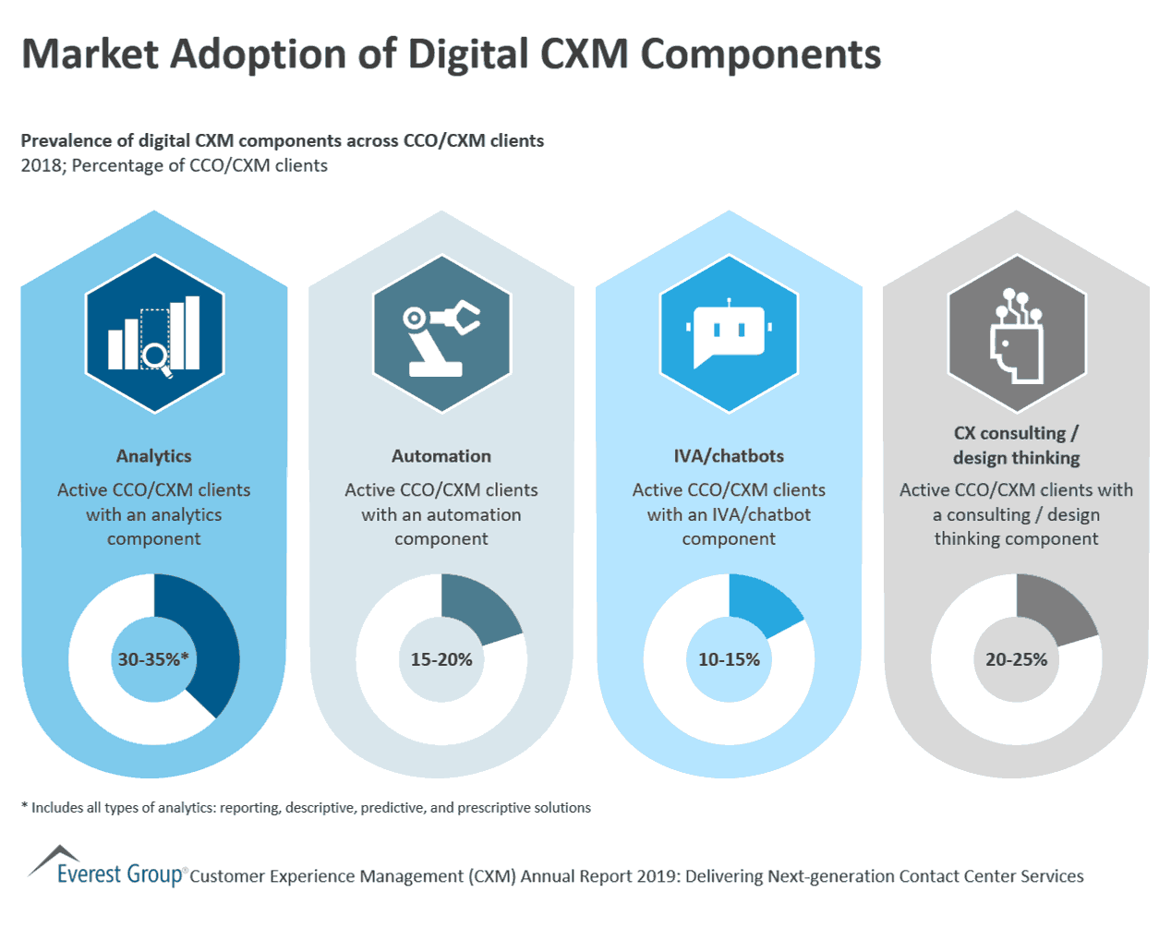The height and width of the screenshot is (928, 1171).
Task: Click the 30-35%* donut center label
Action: tap(153, 659)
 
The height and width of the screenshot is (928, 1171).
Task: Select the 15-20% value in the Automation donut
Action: tap(441, 659)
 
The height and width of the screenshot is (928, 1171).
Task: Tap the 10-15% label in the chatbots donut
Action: tap(729, 659)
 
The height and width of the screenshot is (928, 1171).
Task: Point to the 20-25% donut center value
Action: tap(1016, 659)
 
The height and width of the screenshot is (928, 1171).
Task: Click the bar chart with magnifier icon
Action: tap(154, 334)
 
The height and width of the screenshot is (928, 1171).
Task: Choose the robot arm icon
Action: tap(441, 334)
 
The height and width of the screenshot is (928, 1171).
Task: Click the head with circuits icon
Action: tap(1016, 334)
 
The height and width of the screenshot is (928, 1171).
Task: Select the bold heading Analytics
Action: tap(153, 456)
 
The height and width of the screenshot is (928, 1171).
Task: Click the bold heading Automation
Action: tap(441, 456)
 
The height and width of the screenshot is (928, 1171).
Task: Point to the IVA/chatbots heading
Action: tap(729, 456)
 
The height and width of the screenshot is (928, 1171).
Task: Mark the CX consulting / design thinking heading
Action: tap(1016, 445)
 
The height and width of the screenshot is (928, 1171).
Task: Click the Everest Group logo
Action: tap(106, 868)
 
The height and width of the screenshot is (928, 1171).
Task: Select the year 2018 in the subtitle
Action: tap(41, 166)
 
